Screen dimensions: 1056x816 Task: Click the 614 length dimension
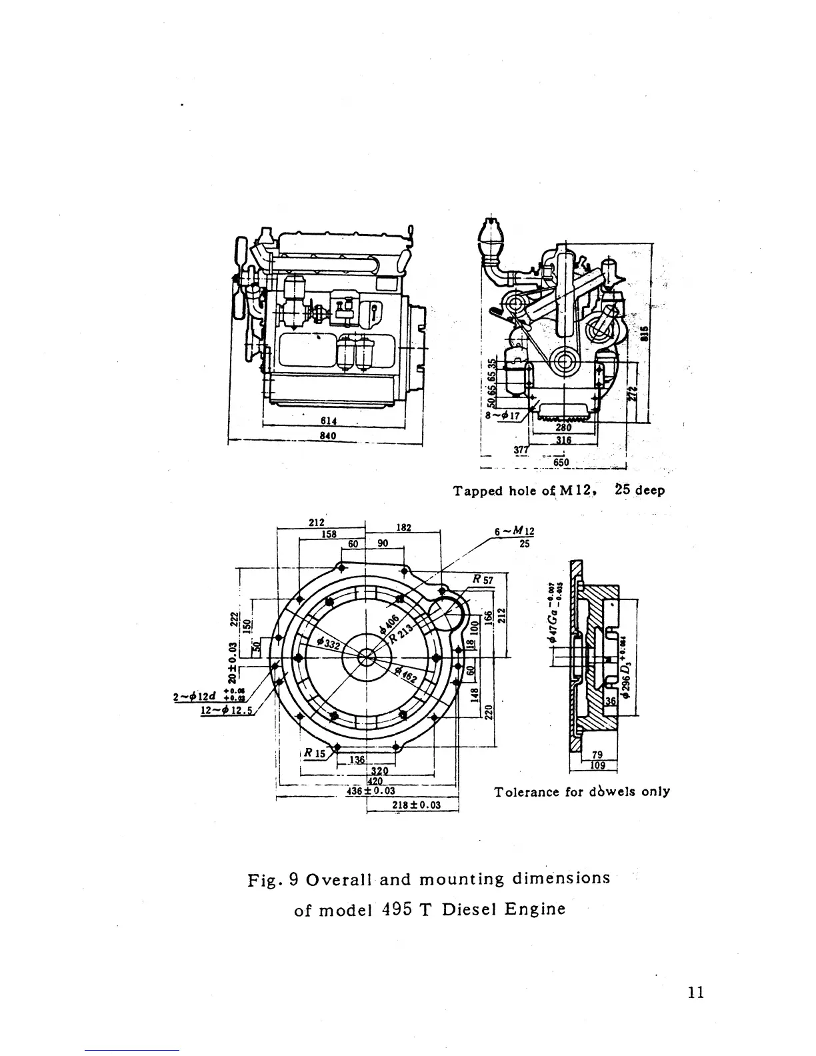(x=327, y=421)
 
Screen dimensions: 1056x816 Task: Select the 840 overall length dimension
(x=327, y=436)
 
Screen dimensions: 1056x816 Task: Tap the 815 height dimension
(x=644, y=333)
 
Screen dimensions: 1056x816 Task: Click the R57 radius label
(x=482, y=580)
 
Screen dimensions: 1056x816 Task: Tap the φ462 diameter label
(x=405, y=675)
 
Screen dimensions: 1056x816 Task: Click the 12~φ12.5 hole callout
(x=225, y=709)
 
